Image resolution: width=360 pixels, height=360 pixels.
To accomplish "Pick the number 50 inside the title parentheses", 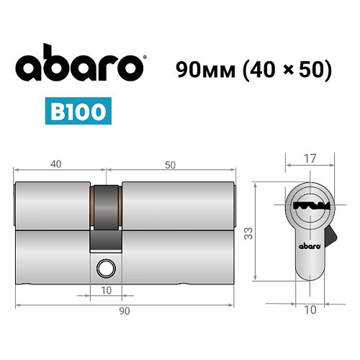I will pyautogui.click(x=311, y=69).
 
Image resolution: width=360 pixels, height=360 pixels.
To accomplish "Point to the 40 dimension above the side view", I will pyautogui.click(x=55, y=165).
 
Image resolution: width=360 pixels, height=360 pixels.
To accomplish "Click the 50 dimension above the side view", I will pyautogui.click(x=170, y=165).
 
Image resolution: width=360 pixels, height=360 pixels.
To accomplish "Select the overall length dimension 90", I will pyautogui.click(x=125, y=310).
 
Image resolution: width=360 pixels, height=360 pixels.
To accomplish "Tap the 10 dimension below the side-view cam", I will pyautogui.click(x=107, y=291).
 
